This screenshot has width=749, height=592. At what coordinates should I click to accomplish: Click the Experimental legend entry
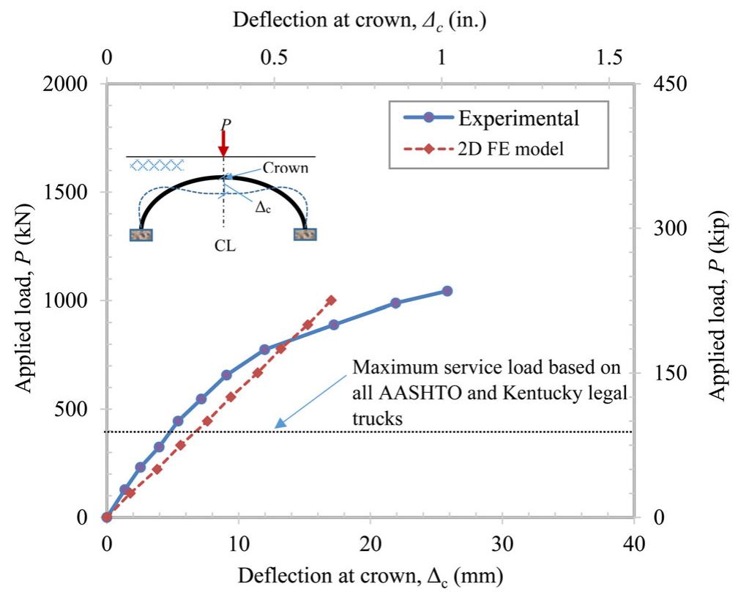(x=518, y=118)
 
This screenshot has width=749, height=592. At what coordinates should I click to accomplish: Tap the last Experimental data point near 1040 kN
(x=447, y=291)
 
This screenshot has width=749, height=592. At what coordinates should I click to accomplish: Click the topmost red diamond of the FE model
(x=331, y=300)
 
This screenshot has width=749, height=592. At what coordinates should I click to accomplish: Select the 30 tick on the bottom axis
(x=502, y=543)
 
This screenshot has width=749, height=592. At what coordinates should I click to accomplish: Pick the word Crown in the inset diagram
(x=286, y=168)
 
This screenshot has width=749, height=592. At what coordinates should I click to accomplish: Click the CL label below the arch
(x=226, y=246)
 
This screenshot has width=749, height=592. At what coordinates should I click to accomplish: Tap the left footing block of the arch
(x=141, y=234)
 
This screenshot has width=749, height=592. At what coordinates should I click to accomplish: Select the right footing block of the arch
(x=305, y=234)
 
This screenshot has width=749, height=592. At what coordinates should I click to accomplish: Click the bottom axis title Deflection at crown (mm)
(x=370, y=574)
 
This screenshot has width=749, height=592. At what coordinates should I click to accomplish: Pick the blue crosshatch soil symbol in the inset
(x=156, y=166)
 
